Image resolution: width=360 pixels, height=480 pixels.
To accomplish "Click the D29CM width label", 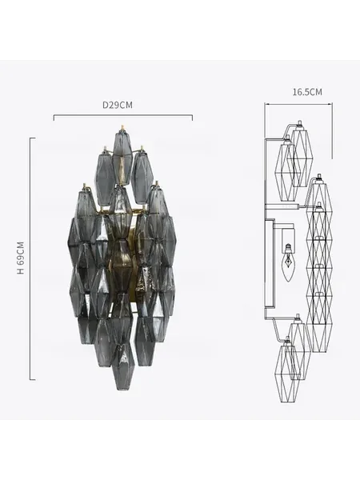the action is (118, 105).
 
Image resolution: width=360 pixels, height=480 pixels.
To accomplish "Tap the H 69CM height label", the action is (21, 258).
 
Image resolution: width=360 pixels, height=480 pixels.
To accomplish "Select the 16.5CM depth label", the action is (307, 92).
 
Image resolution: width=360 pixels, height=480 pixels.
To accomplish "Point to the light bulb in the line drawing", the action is (288, 262).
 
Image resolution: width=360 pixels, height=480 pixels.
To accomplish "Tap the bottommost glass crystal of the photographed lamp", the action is (122, 366).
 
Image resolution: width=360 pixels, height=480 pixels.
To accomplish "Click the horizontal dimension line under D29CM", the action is (123, 116).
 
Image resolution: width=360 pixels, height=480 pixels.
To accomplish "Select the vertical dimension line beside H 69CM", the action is (30, 259).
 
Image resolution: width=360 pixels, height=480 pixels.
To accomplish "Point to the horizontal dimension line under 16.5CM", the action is (298, 104).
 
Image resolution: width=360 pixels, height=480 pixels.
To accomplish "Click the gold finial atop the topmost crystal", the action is (122, 128).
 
